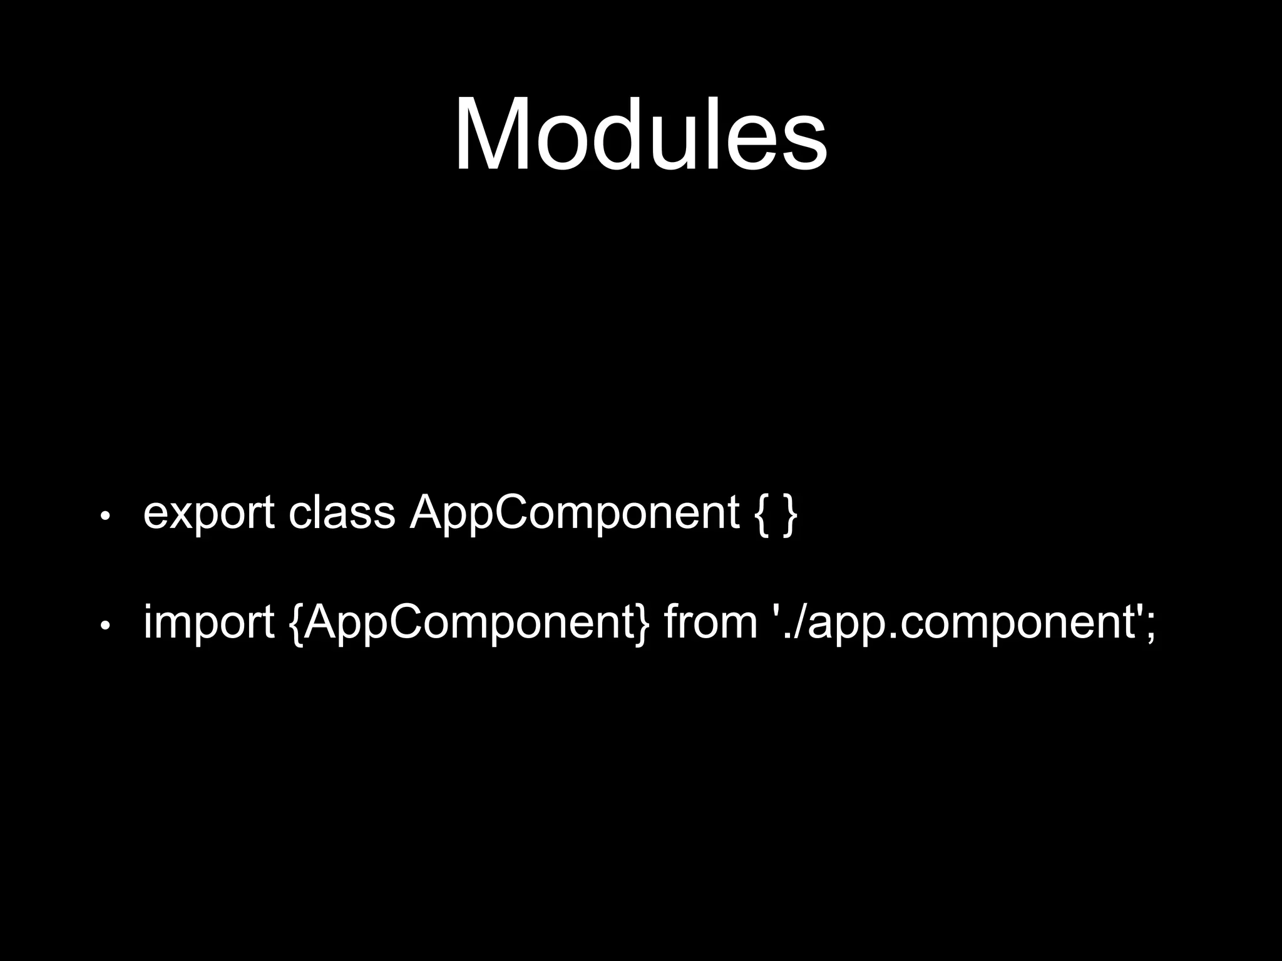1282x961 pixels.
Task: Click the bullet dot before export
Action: (105, 516)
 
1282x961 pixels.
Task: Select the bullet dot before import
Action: (105, 625)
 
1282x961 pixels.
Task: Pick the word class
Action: (341, 512)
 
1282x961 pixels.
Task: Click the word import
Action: (208, 623)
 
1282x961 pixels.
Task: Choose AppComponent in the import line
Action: (470, 623)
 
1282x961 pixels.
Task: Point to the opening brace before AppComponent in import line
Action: (297, 624)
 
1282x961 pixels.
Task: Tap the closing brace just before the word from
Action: (644, 624)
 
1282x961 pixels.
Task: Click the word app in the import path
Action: (845, 626)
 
